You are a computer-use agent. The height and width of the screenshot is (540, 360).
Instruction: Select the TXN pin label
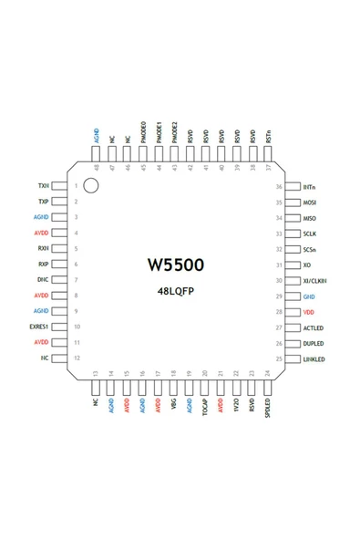(43, 186)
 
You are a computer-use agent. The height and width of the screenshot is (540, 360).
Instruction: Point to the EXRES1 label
(39, 327)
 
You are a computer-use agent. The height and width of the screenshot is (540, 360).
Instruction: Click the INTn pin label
(309, 186)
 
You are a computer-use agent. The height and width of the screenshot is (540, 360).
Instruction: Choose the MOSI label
(309, 202)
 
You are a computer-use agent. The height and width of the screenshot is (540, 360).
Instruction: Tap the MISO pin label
(309, 217)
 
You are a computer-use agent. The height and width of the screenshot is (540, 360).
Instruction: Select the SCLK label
(309, 234)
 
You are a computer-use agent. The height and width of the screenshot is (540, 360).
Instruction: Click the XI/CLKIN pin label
(314, 280)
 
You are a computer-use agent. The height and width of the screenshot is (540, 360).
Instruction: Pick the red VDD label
(308, 311)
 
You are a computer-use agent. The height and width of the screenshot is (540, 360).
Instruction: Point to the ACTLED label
(313, 327)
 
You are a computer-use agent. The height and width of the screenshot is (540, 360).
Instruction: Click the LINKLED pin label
(314, 358)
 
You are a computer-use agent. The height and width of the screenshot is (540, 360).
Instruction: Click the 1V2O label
(236, 402)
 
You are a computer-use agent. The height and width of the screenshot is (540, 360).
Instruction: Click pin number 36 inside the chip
(279, 186)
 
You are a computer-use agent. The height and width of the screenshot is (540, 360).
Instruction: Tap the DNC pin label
(43, 280)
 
